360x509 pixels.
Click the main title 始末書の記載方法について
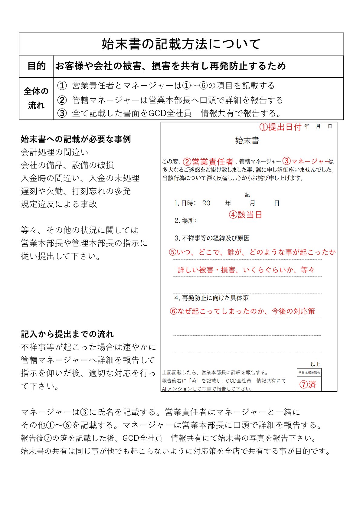[181, 44]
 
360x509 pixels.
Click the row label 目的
[36, 66]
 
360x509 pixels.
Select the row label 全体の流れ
[36, 98]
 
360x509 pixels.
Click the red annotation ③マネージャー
[306, 161]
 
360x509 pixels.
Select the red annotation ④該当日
[245, 215]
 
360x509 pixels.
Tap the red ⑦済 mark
[308, 384]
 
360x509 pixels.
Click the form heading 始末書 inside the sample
[247, 141]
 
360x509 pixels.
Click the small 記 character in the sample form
[247, 195]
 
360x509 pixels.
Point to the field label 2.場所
[185, 220]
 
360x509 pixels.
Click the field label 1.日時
[185, 203]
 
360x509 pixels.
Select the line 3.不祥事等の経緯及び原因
[212, 238]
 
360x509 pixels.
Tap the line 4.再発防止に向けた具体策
[211, 298]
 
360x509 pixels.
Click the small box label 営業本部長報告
[309, 373]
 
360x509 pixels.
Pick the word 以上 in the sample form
[315, 364]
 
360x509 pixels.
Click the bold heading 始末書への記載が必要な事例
[76, 139]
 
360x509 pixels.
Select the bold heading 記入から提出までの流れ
[67, 334]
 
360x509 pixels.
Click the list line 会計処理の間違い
[54, 152]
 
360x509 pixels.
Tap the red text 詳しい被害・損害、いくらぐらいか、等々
[246, 270]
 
